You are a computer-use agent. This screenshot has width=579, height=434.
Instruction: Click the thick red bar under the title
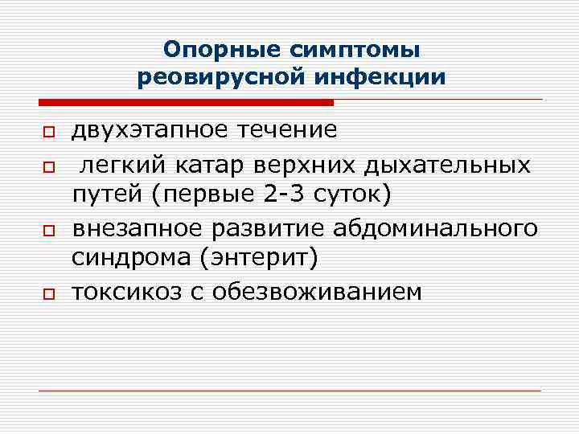[186, 103]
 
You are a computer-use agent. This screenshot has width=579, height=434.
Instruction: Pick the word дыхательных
[446, 165]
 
